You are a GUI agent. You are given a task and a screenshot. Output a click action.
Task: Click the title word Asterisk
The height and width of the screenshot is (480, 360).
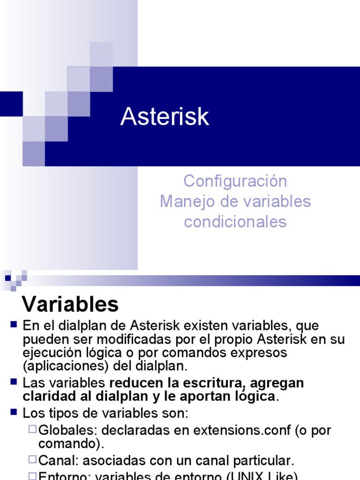tap(165, 117)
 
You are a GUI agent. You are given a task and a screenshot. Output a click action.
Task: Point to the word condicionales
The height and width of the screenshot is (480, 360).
tap(235, 222)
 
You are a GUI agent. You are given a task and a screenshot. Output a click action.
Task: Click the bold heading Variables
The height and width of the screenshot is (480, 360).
tap(71, 305)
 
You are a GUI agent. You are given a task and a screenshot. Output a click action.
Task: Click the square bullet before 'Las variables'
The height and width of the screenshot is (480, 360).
tap(13, 382)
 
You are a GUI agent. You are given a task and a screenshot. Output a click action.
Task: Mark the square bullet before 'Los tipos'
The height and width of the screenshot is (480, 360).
tap(13, 412)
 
